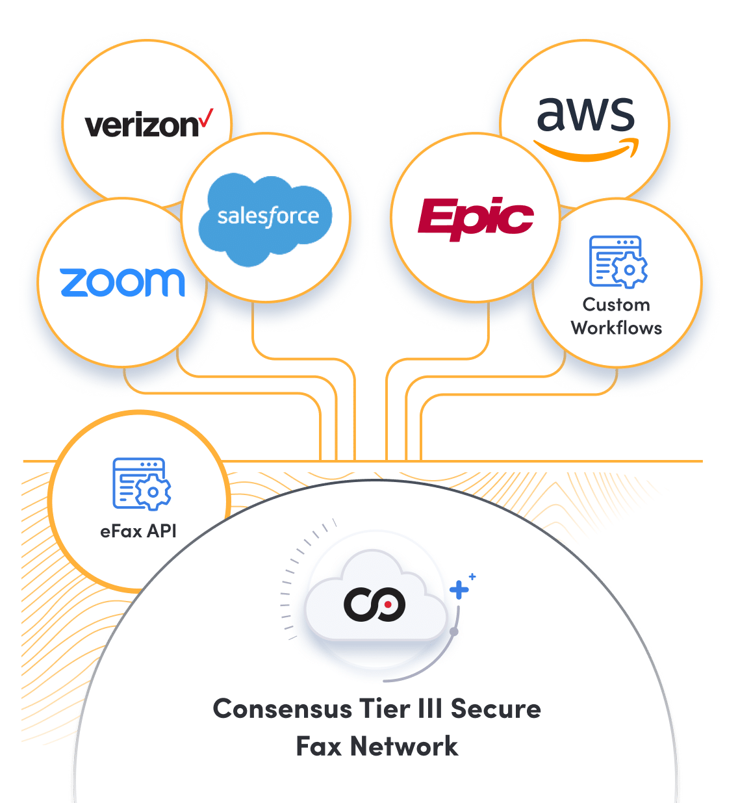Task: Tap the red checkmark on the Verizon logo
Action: (206, 118)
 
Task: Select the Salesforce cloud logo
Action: (267, 218)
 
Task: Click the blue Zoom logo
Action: (123, 282)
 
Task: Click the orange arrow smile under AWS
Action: (587, 150)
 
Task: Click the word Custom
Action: (616, 305)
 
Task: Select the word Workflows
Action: (617, 328)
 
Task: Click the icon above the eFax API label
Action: (142, 484)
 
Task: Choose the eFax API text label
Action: (138, 531)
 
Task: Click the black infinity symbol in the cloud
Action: (375, 604)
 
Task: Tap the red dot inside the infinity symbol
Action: (388, 604)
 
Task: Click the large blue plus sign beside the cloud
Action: (459, 590)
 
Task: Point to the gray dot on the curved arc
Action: (454, 631)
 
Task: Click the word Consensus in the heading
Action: (283, 709)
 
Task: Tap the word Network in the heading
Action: (404, 746)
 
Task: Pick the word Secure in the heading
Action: (496, 709)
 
